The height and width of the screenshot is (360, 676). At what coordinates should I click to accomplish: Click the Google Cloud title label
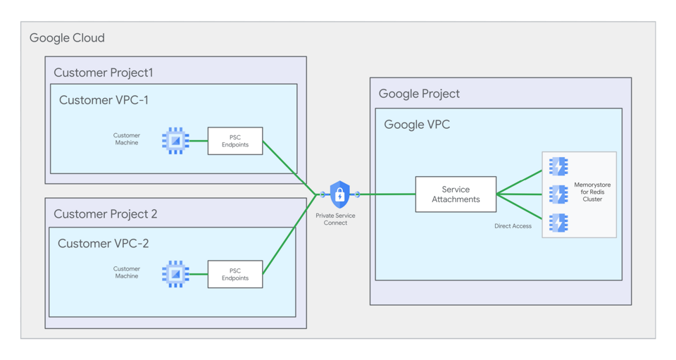[67, 38]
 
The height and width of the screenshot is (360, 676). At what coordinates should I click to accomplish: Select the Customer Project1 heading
[103, 73]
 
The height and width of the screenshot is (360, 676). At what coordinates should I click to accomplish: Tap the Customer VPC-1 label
[104, 100]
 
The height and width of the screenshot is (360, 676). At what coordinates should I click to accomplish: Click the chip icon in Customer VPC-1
[175, 141]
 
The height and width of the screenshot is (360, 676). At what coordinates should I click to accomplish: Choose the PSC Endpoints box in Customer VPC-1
[235, 141]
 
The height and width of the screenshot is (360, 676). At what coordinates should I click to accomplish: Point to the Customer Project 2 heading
[106, 214]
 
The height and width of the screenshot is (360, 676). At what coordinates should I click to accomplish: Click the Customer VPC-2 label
[103, 244]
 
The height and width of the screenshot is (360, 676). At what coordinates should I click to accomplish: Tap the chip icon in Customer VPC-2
[175, 274]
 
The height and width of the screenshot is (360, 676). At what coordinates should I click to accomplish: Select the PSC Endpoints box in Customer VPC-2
[235, 274]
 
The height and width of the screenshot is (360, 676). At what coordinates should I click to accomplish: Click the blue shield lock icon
[339, 194]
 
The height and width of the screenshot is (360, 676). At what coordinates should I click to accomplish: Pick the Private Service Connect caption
[335, 219]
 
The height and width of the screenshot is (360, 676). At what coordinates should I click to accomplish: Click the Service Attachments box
[456, 194]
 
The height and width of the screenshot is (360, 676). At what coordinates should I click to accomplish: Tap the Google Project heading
[419, 94]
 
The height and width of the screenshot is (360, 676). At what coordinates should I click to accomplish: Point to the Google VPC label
[417, 125]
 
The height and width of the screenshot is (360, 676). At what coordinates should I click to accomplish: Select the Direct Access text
[513, 226]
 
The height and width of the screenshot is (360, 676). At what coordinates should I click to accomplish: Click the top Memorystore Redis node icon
[558, 166]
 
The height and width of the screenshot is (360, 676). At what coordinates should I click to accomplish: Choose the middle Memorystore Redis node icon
[558, 194]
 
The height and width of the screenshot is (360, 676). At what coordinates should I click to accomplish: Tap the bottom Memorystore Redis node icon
[558, 223]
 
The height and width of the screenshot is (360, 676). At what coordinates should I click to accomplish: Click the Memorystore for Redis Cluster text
[592, 192]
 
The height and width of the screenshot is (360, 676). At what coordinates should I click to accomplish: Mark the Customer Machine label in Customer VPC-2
[127, 273]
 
